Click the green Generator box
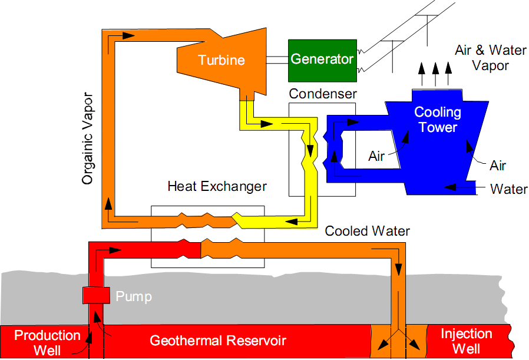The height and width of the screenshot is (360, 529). [322, 61]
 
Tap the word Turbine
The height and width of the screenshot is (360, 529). [221, 60]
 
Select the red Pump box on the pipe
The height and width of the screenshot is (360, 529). [96, 295]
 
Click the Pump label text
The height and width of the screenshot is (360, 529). [134, 296]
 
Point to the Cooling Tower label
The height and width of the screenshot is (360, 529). [438, 120]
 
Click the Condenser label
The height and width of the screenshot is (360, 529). [323, 94]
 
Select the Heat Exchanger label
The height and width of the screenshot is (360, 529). [217, 186]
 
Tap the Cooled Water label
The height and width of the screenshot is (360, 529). [367, 231]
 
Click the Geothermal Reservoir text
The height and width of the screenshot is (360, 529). [218, 341]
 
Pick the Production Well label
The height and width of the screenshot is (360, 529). [47, 342]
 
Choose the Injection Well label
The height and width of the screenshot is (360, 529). [466, 341]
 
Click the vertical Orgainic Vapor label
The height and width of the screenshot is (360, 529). [87, 138]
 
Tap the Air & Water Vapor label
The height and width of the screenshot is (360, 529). [491, 58]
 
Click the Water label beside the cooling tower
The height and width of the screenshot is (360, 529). [509, 189]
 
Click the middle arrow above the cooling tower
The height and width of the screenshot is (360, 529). [435, 74]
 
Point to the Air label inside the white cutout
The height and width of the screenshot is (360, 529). [376, 156]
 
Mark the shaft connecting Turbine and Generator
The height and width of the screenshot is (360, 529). [277, 60]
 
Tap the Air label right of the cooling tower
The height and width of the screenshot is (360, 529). [498, 166]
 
